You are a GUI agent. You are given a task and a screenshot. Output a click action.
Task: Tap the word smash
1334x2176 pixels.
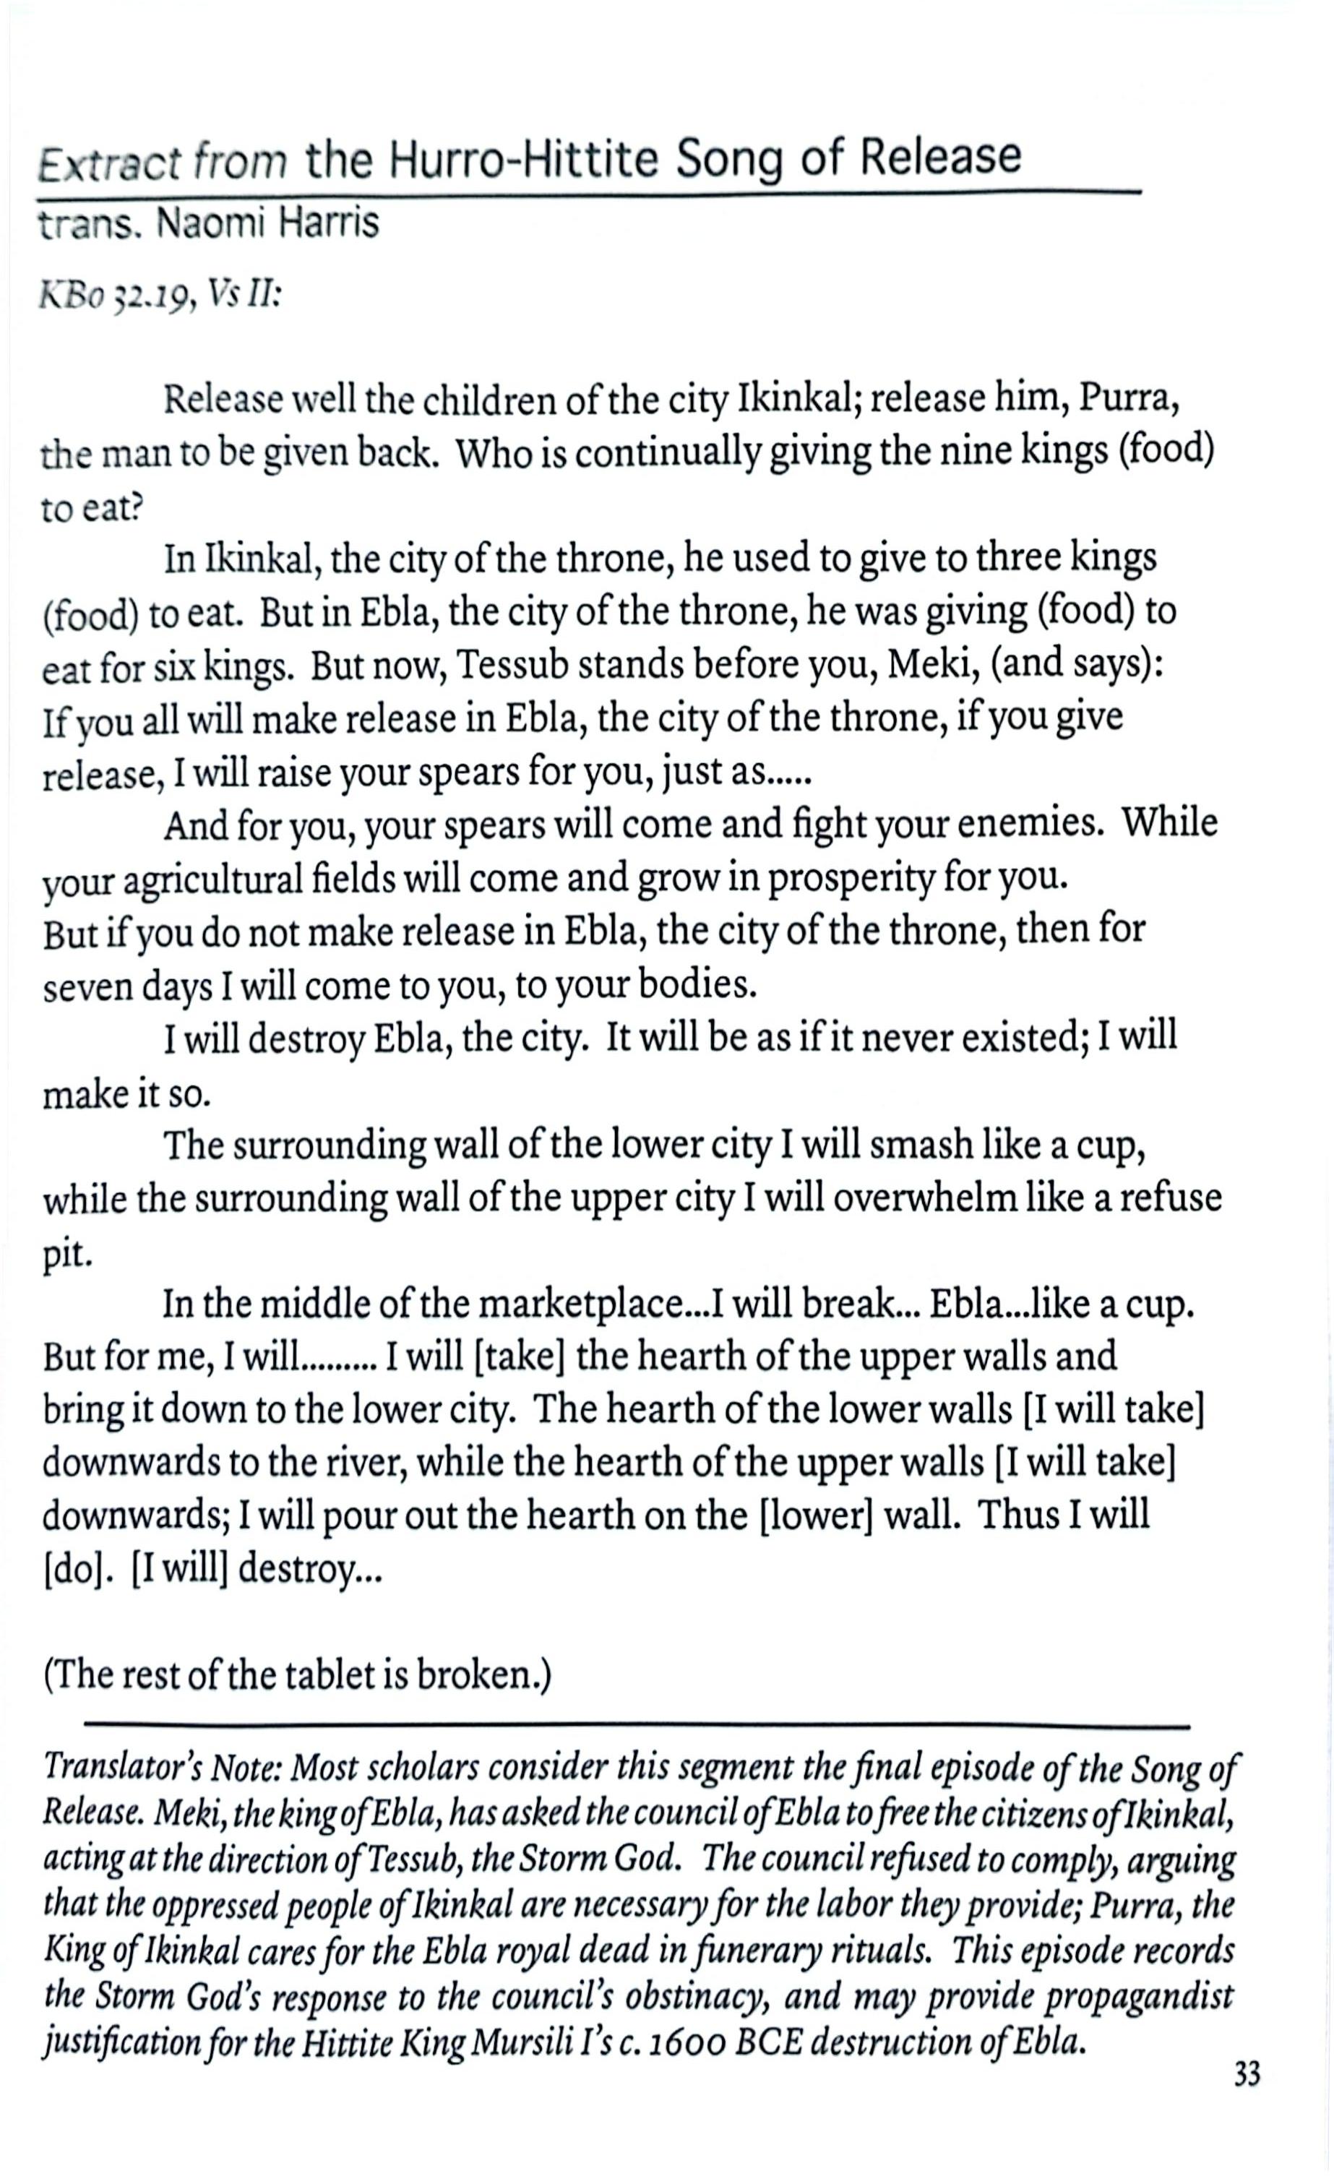coord(919,1145)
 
